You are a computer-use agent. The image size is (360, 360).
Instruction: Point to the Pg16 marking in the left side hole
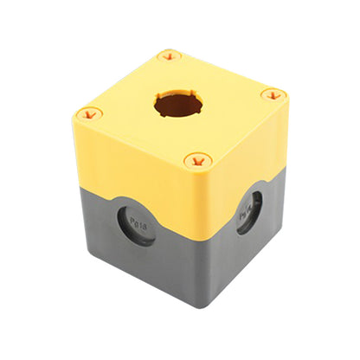137,224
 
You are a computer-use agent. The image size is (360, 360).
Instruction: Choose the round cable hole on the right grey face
252,212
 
